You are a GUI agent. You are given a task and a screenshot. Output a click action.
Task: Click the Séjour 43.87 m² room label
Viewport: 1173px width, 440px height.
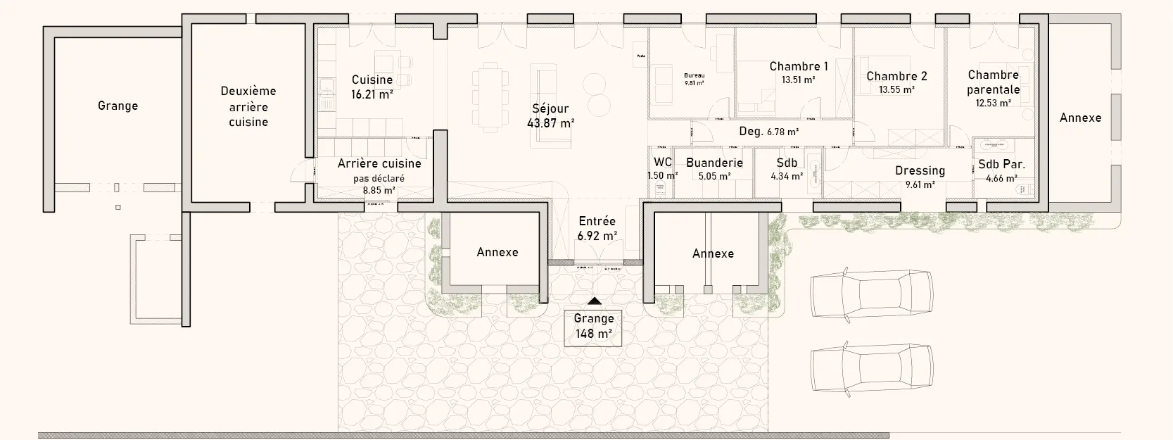pyautogui.click(x=550, y=115)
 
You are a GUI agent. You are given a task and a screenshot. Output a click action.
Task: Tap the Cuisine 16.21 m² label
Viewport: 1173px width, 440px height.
pyautogui.click(x=372, y=87)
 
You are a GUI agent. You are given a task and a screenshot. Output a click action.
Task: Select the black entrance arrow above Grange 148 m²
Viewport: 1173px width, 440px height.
pyautogui.click(x=595, y=301)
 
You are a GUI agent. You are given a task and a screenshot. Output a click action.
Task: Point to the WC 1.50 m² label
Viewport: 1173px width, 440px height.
pyautogui.click(x=662, y=168)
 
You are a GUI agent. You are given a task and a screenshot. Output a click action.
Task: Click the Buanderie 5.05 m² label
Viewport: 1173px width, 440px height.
pyautogui.click(x=714, y=169)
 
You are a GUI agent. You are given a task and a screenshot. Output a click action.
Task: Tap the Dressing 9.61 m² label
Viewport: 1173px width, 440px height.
pyautogui.click(x=920, y=177)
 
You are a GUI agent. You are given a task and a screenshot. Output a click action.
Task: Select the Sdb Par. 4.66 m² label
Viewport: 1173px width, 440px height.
pyautogui.click(x=1001, y=170)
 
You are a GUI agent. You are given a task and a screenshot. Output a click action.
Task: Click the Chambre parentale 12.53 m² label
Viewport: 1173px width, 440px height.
pyautogui.click(x=993, y=88)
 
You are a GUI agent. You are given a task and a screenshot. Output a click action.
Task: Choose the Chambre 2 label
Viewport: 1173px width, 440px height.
pyautogui.click(x=896, y=76)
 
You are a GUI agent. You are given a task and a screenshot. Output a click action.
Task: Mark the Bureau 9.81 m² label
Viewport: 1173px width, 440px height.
pyautogui.click(x=694, y=78)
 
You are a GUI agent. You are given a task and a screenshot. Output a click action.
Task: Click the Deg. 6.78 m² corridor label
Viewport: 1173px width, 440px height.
pyautogui.click(x=768, y=132)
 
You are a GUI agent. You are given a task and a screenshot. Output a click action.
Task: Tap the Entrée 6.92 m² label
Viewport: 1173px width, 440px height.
pyautogui.click(x=597, y=228)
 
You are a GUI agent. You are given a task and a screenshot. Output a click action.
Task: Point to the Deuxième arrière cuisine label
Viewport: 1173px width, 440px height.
pyautogui.click(x=248, y=106)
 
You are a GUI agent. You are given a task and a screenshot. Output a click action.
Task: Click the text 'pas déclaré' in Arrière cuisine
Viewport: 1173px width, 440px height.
pyautogui.click(x=379, y=178)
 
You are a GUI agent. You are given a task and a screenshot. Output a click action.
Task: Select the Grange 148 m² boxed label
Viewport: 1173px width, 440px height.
pyautogui.click(x=593, y=326)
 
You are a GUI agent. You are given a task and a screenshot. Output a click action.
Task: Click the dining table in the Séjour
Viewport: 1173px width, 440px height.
pyautogui.click(x=490, y=96)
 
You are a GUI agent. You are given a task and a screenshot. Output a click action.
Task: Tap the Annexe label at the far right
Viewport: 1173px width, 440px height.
pyautogui.click(x=1080, y=118)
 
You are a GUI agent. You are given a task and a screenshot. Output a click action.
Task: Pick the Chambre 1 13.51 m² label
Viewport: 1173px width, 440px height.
pyautogui.click(x=798, y=73)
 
